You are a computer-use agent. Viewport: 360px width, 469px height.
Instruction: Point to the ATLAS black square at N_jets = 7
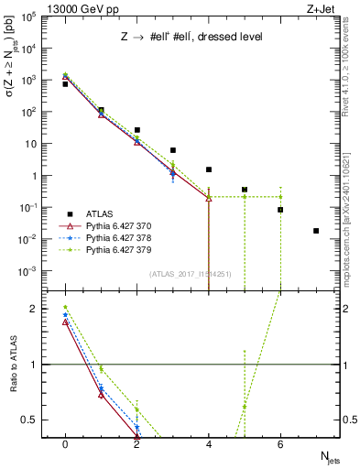(316, 231)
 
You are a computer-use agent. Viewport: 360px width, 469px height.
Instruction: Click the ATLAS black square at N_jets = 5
(245, 190)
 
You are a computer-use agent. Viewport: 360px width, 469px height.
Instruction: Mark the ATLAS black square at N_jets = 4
(209, 169)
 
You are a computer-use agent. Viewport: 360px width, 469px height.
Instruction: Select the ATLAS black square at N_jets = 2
(136, 130)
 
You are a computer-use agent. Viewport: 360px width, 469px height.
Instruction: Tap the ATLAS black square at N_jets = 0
(65, 84)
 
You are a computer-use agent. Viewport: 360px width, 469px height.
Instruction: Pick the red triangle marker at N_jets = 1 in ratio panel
(101, 395)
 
